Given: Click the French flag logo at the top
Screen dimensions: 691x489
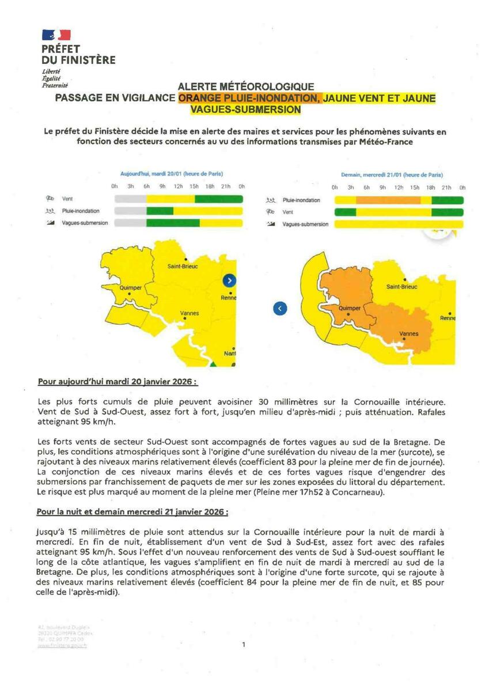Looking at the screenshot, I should [x=56, y=36].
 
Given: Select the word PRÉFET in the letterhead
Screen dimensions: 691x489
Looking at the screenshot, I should [x=60, y=49].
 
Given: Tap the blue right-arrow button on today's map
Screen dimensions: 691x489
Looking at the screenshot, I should [x=229, y=280].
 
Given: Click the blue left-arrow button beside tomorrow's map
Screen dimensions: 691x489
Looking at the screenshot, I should [x=279, y=309].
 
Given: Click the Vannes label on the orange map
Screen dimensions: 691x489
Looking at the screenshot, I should [x=408, y=333].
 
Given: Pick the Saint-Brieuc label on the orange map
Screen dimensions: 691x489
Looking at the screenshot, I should [x=401, y=286].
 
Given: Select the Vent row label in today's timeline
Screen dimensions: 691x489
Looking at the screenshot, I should [x=67, y=199].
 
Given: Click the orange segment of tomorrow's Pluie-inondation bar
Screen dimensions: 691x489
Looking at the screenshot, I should [x=388, y=200].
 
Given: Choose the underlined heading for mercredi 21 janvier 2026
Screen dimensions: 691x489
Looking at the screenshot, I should [x=132, y=511].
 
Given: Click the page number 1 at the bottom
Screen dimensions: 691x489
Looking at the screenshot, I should [x=244, y=645].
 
